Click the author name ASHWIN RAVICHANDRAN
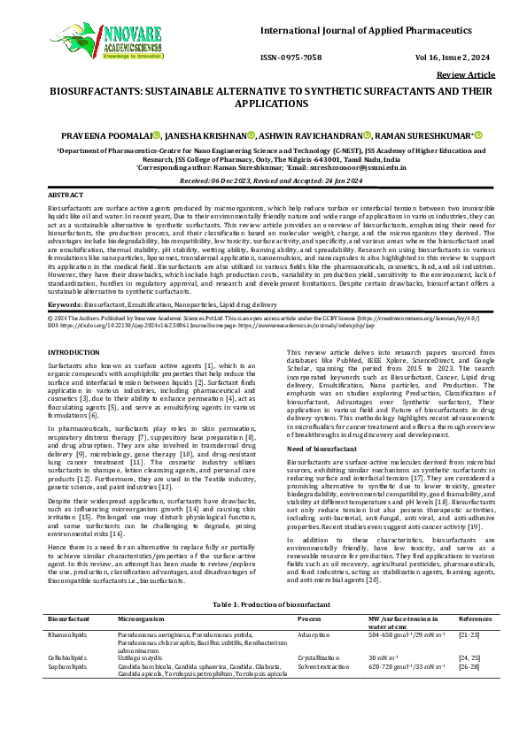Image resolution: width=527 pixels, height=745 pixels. pyautogui.click(x=308, y=135)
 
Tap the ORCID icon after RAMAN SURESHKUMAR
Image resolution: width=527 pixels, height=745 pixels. pyautogui.click(x=477, y=135)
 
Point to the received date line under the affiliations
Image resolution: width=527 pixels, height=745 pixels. pyautogui.click(x=263, y=178)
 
